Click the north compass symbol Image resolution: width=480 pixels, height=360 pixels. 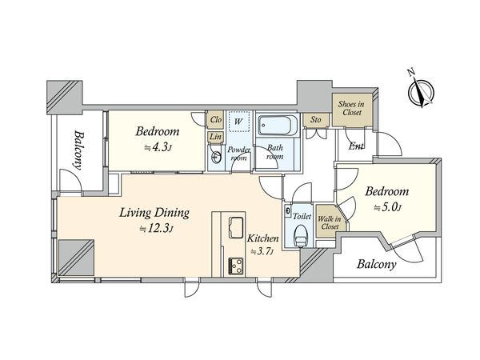421,91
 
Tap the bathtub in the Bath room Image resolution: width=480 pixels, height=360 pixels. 277,126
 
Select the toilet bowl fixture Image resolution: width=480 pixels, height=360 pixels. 301,236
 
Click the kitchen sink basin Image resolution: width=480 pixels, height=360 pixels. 237,227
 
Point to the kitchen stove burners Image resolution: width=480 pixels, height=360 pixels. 236,266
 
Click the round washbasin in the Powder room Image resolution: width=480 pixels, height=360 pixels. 216,158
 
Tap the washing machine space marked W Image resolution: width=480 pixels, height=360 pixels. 238,122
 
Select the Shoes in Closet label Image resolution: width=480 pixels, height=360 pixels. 351,108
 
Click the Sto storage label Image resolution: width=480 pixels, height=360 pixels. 316,119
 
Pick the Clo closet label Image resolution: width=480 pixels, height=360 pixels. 216,119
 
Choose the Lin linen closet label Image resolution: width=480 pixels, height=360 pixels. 216,137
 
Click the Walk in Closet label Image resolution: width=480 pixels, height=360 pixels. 330,223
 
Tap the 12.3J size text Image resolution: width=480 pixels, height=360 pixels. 157,229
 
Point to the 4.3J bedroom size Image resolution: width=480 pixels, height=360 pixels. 158,148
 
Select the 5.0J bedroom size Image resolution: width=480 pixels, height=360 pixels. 387,208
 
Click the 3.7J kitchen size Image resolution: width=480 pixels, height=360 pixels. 262,252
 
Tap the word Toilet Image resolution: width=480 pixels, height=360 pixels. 302,217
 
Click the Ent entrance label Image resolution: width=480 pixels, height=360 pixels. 356,146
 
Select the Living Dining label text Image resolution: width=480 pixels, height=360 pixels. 154,213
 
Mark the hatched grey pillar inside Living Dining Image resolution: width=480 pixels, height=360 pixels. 76,258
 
